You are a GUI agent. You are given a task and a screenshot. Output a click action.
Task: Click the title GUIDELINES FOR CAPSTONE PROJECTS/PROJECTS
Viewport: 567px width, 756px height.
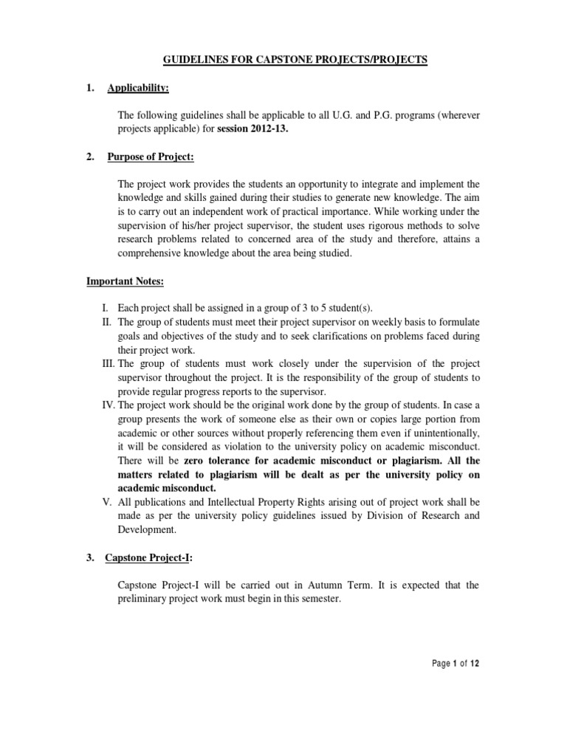click(283, 60)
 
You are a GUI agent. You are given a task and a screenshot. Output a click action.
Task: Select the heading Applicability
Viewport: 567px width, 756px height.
click(138, 89)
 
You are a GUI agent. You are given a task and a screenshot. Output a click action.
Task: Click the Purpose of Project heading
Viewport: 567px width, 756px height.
click(151, 157)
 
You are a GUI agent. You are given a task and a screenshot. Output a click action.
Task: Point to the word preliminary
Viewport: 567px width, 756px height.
click(146, 599)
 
